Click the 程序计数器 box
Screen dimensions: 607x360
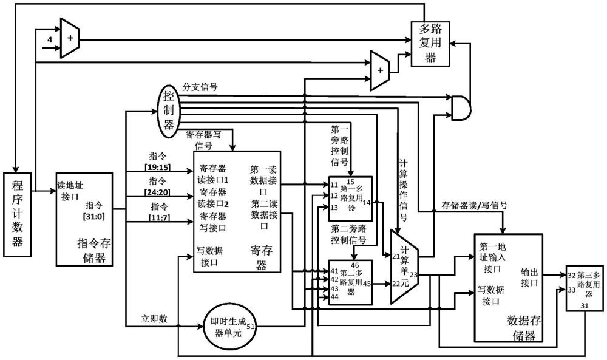[x=18, y=214]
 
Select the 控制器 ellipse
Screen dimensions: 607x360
[x=169, y=111]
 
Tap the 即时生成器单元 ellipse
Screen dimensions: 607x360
[x=230, y=327]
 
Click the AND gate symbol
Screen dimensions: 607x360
[x=461, y=108]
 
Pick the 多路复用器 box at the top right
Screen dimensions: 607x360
[x=430, y=44]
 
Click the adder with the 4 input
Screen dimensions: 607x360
[x=70, y=38]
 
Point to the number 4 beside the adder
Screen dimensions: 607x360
[x=50, y=39]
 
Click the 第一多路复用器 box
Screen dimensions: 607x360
[x=351, y=199]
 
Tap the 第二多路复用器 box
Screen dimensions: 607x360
[x=351, y=282]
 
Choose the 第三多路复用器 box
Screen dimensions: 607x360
[x=585, y=288]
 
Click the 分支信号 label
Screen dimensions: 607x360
[x=200, y=87]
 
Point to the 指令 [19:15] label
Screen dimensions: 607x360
[x=158, y=161]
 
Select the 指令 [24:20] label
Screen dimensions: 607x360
[x=158, y=186]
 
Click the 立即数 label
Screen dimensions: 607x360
[x=154, y=319]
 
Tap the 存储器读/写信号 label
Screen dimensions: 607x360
[x=474, y=206]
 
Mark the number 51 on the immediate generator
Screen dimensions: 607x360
[x=251, y=327]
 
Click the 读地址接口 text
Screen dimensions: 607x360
[x=70, y=191]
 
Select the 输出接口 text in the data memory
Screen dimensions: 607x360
[x=529, y=277]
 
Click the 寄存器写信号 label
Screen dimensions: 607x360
[x=203, y=140]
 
